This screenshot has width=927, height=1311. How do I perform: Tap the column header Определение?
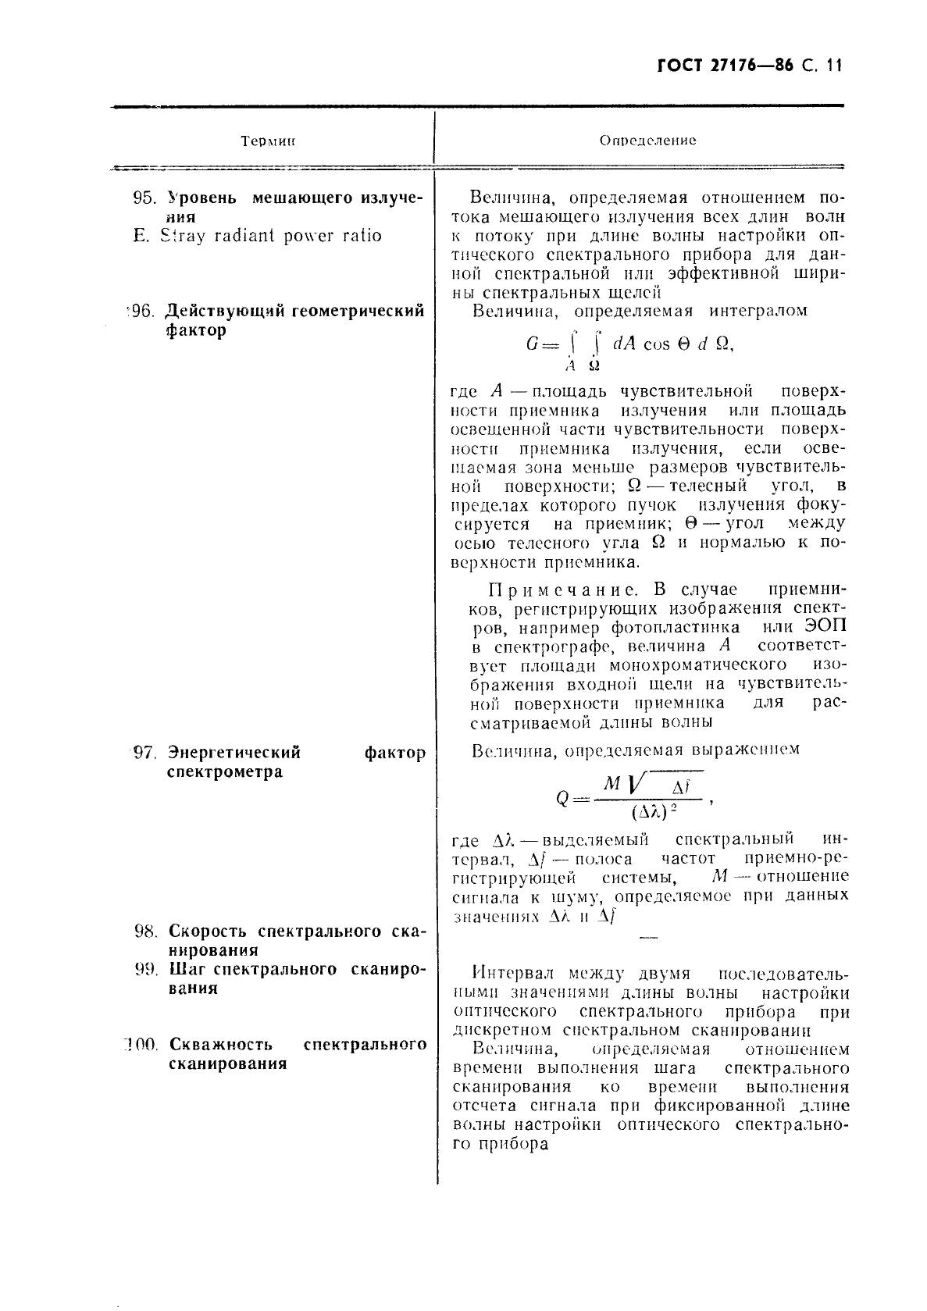tap(647, 141)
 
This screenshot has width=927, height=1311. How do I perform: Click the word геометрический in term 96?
tap(358, 312)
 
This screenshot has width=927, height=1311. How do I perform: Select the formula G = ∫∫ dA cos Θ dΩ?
tap(629, 345)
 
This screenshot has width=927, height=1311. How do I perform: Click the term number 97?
tap(146, 753)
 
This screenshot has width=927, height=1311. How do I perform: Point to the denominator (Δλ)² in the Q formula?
tap(653, 812)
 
